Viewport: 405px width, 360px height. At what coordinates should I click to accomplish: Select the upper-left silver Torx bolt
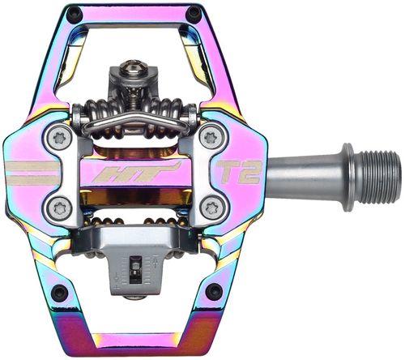[x=60, y=139]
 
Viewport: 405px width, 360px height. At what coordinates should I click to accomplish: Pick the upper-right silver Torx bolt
[x=211, y=138]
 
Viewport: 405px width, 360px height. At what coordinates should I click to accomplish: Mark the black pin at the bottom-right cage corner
[x=212, y=290]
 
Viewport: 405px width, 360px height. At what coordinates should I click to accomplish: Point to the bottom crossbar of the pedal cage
[x=134, y=344]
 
